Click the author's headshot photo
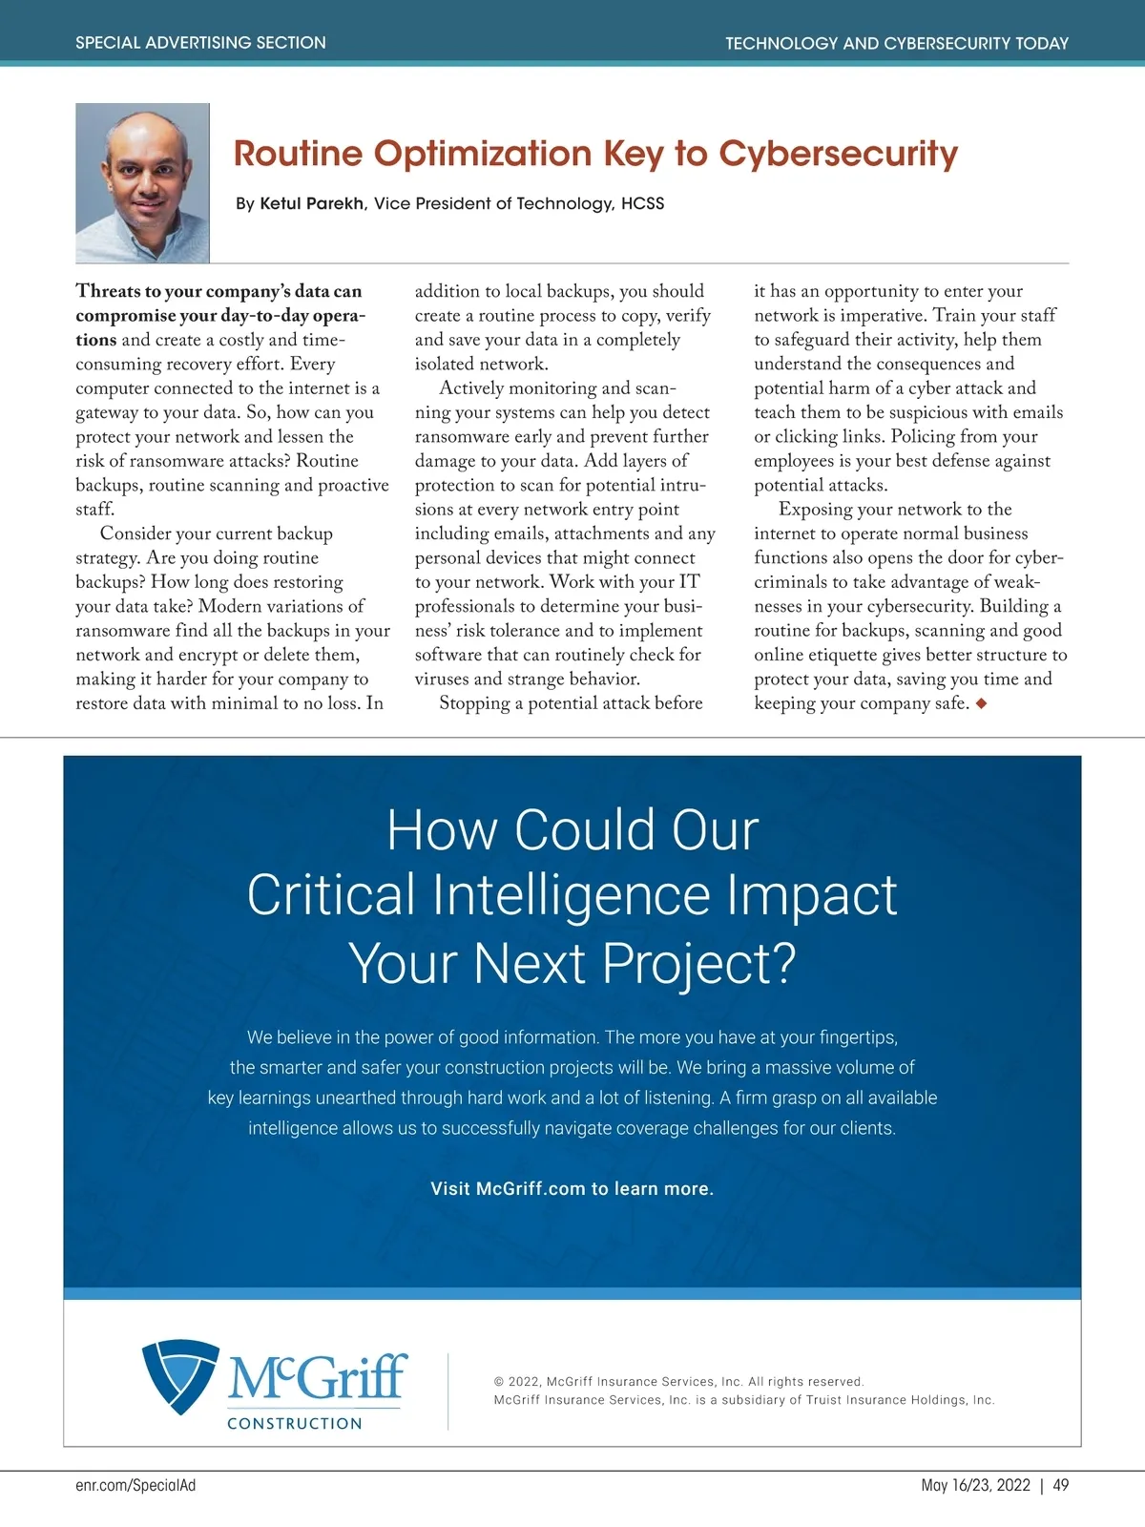(x=142, y=182)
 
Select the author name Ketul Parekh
(x=312, y=203)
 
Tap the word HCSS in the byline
(x=642, y=203)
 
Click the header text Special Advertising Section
(x=200, y=43)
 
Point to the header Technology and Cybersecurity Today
(x=896, y=43)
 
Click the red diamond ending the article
(x=981, y=704)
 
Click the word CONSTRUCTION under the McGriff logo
(x=295, y=1423)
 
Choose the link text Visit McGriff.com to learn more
(x=572, y=1188)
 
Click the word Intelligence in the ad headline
(x=572, y=895)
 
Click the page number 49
(x=1060, y=1485)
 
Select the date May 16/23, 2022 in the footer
(x=975, y=1485)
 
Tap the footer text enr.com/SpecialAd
(x=135, y=1485)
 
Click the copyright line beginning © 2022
(x=678, y=1381)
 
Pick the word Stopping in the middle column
(x=480, y=704)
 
